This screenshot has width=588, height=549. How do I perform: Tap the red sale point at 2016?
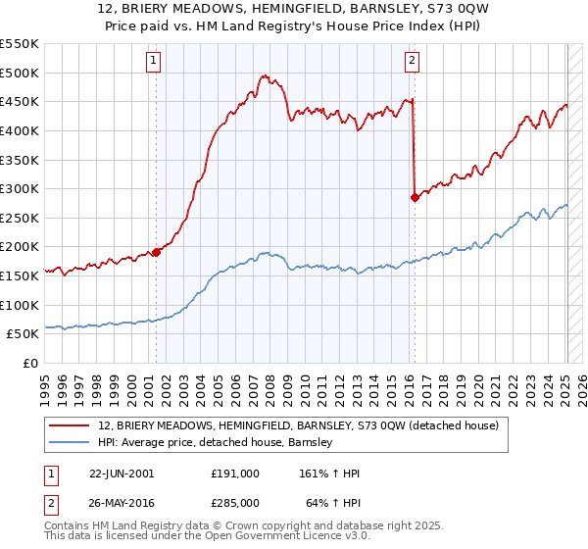415,197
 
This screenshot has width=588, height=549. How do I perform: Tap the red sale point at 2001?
156,252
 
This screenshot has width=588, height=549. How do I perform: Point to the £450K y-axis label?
20,102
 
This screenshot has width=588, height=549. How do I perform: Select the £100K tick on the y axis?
20,305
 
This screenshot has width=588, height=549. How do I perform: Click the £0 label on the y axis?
28,364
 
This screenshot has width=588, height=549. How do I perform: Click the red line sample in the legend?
69,425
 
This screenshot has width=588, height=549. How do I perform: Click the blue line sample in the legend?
69,442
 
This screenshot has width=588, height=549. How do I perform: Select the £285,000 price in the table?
234,502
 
